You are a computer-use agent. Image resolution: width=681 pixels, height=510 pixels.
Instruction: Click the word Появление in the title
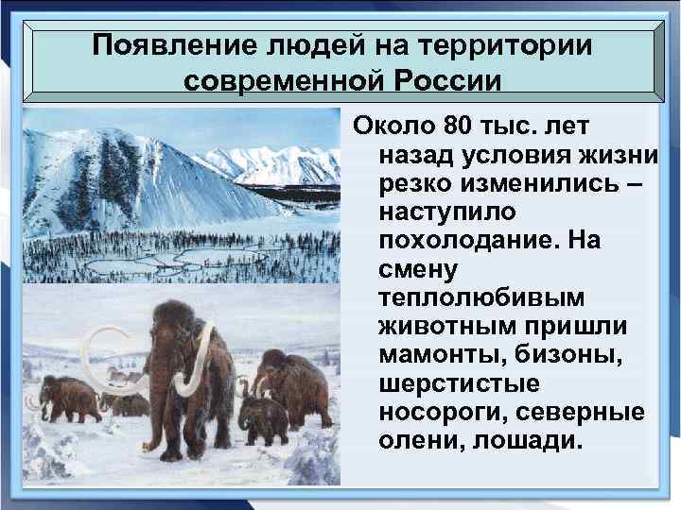165,44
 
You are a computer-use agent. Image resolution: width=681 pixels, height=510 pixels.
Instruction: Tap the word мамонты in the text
432,357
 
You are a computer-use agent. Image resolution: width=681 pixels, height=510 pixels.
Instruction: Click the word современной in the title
283,80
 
